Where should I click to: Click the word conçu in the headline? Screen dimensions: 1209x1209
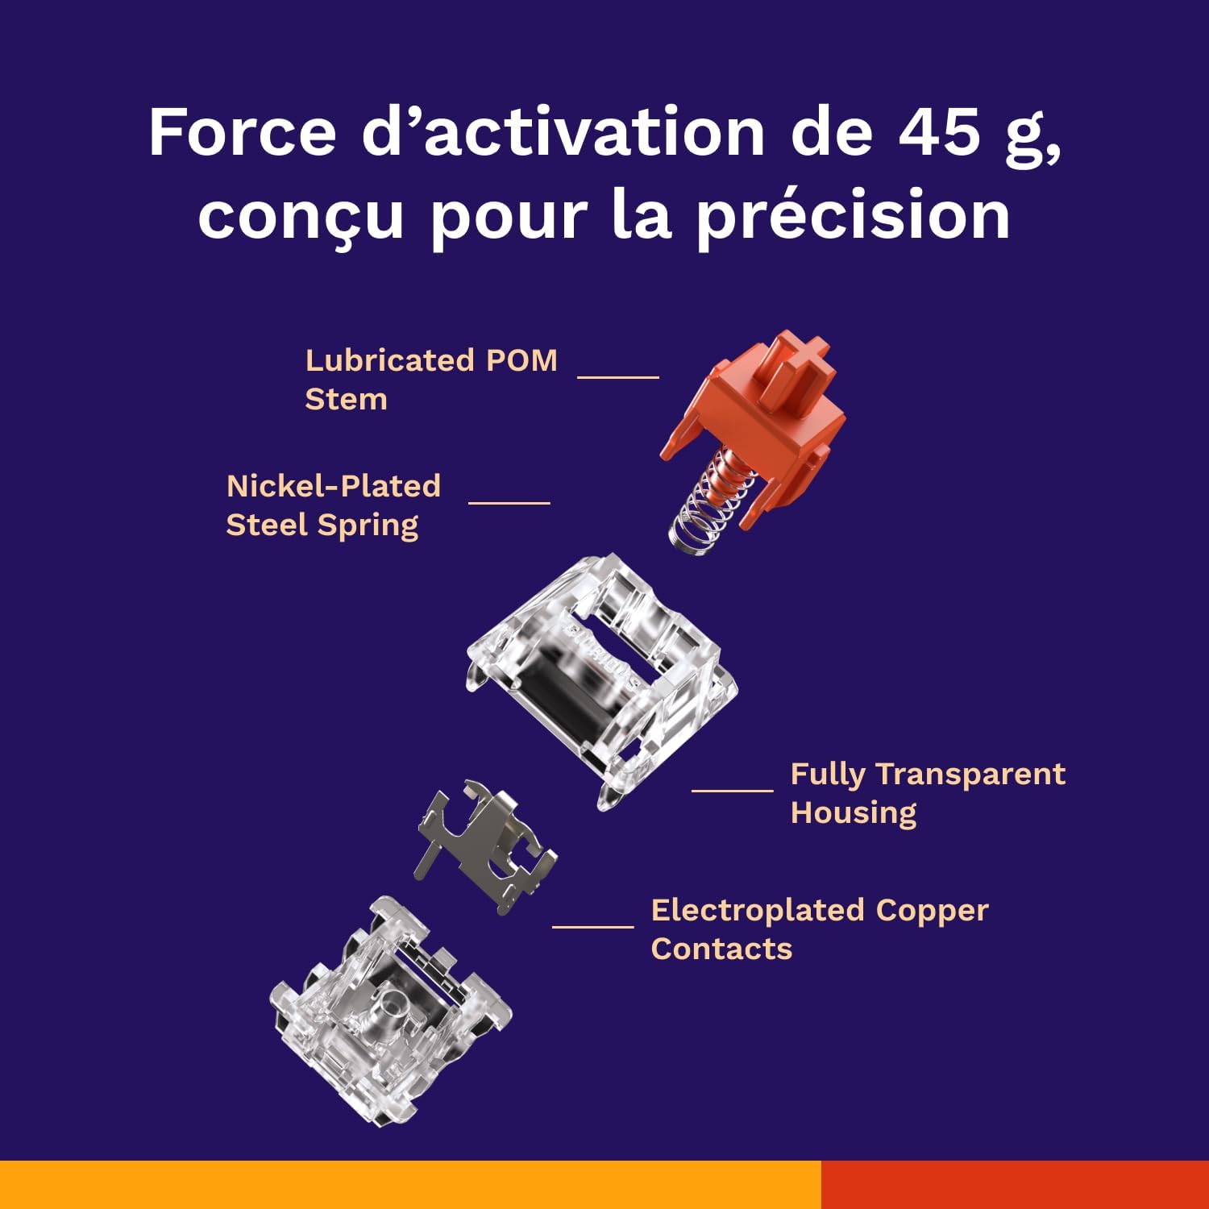(x=301, y=218)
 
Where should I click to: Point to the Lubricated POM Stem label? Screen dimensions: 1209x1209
(x=431, y=379)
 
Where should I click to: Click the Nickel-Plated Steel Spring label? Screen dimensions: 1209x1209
(x=334, y=505)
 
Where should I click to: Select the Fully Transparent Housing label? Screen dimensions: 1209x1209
(x=928, y=793)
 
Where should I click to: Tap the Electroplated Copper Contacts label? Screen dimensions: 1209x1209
(x=820, y=929)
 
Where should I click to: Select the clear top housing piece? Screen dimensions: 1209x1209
(x=601, y=682)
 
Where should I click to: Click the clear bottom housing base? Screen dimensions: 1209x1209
(x=390, y=1012)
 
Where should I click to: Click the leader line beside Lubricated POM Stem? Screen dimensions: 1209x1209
(x=618, y=376)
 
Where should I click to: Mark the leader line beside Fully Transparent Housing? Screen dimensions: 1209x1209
(x=733, y=790)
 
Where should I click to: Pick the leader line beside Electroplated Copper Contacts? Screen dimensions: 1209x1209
(x=593, y=926)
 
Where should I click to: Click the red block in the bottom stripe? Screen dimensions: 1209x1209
(x=1015, y=1185)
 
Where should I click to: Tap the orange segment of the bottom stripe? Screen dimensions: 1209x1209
(x=410, y=1185)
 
